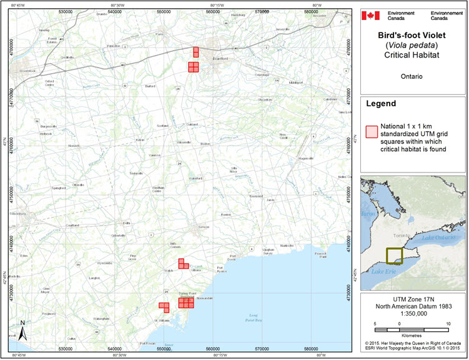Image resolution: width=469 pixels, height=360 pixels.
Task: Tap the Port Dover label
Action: point(232,257)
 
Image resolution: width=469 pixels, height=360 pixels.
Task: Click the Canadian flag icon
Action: point(373,14)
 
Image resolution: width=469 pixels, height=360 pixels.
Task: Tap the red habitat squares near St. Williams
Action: point(164,306)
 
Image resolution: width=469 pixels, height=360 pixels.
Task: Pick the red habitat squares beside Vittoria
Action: point(182,264)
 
